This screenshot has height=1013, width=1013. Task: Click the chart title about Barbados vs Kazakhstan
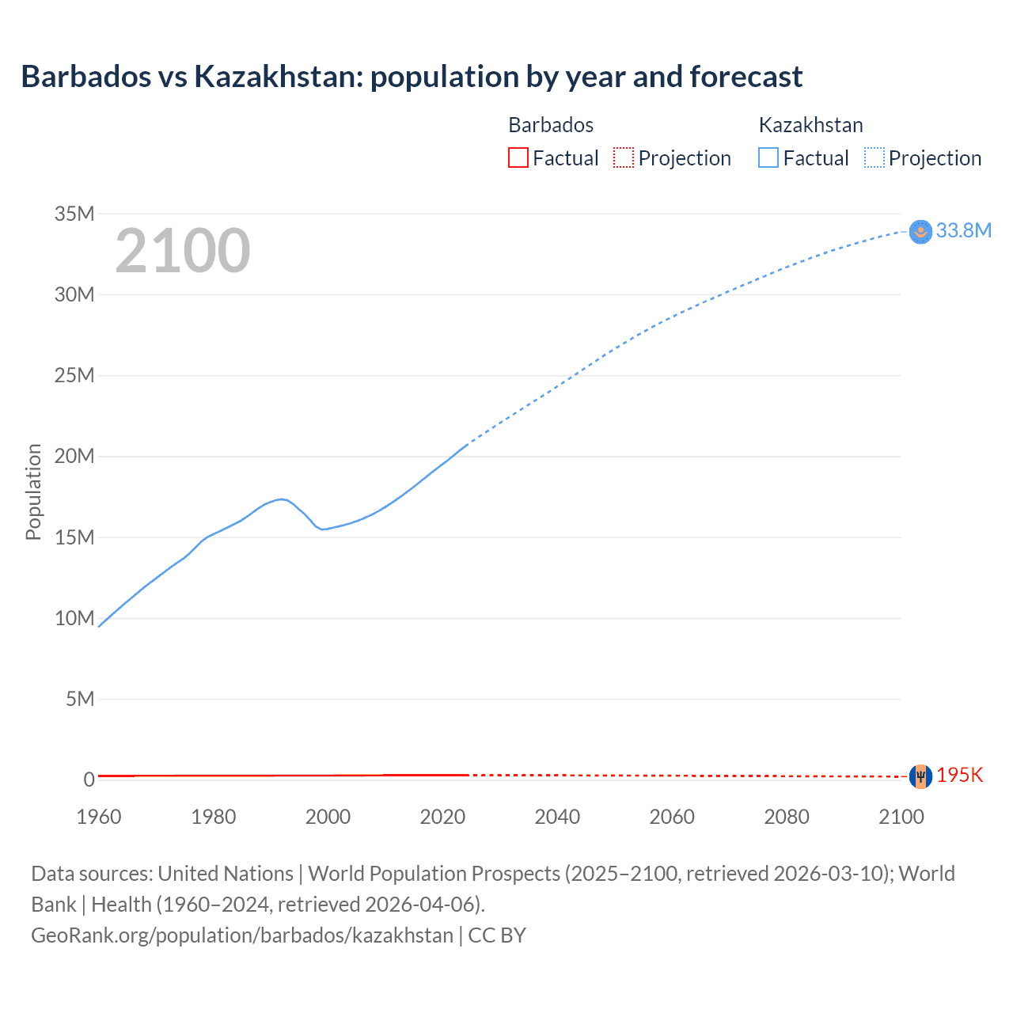coord(412,77)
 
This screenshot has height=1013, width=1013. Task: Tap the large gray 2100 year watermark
coord(183,251)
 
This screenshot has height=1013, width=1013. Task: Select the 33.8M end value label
coord(963,230)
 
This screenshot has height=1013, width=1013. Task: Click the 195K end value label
coord(959,776)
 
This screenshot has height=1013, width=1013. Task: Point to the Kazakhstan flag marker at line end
coord(920,231)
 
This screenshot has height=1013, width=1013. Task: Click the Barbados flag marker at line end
coord(920,776)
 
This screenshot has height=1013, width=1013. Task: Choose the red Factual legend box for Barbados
coord(518,158)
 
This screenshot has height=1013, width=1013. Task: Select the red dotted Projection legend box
coord(624,158)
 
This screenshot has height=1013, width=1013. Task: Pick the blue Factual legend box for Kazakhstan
coord(768,158)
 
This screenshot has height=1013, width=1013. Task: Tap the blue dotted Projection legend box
coord(875,158)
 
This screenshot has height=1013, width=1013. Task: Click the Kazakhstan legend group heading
coord(810,125)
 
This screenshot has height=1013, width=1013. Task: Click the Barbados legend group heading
coord(551,125)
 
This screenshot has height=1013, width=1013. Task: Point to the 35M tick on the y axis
coord(74,214)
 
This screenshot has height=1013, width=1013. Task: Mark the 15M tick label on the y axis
coord(74,537)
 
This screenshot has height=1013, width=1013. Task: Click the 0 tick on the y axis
coord(89,780)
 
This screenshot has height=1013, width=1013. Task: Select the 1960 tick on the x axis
coord(99,817)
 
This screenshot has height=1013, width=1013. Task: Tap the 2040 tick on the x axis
coord(557,817)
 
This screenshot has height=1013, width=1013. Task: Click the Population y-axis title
coord(33,491)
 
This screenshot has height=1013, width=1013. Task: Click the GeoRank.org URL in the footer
coord(242,935)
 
